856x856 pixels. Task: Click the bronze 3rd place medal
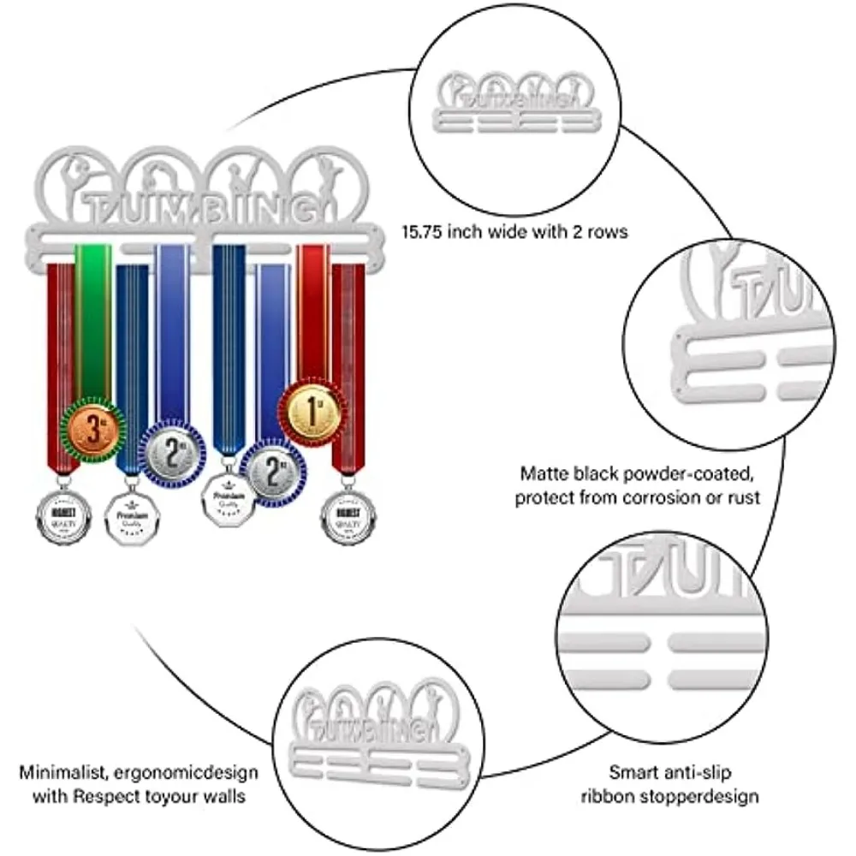pyautogui.click(x=91, y=427)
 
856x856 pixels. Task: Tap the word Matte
pyautogui.click(x=545, y=474)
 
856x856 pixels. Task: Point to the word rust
pyautogui.click(x=742, y=497)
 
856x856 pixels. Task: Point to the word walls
pyautogui.click(x=220, y=797)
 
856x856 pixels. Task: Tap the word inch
pyautogui.click(x=482, y=232)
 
